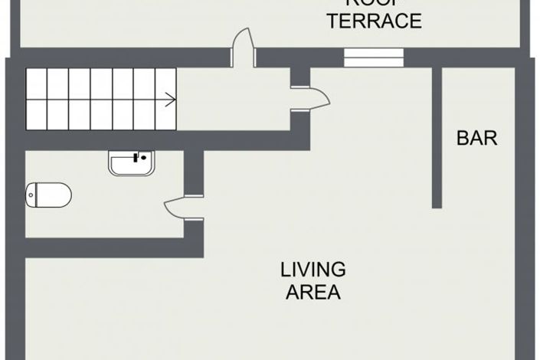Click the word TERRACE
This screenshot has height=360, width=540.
coord(374,21)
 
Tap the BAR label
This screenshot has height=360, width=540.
coord(476,139)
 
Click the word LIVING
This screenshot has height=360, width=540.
coord(313,270)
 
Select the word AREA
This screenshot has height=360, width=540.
coord(313,292)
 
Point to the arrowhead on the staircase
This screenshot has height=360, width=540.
coord(172,99)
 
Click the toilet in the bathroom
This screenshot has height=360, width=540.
coord(50,195)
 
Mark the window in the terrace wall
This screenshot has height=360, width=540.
coord(373,57)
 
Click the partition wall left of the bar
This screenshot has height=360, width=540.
coord(437,138)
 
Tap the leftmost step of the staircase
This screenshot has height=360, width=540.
coord(37,99)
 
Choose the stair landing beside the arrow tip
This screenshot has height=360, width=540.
coord(230,100)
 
